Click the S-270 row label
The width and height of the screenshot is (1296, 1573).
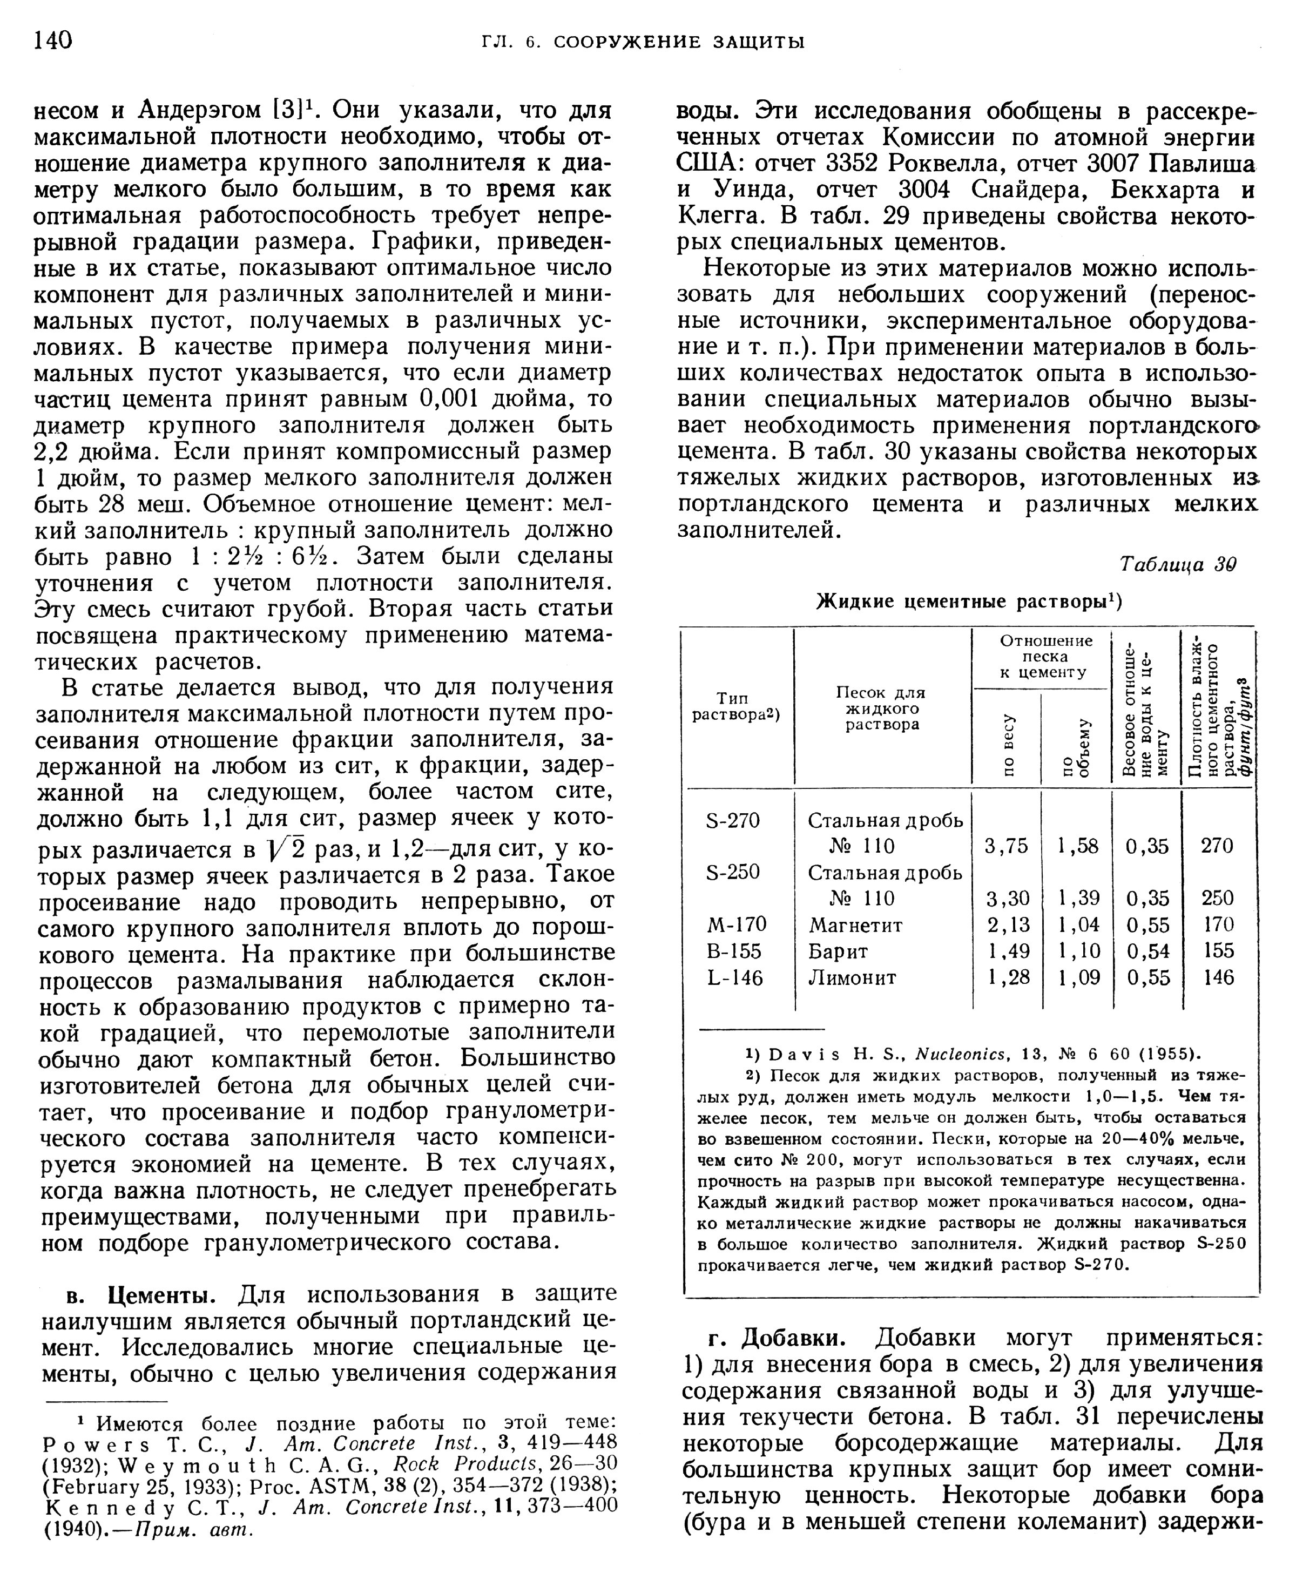tap(733, 820)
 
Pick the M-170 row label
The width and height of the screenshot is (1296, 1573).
tap(736, 924)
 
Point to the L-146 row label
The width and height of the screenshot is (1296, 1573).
tap(734, 977)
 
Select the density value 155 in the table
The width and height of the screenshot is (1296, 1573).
tap(1218, 950)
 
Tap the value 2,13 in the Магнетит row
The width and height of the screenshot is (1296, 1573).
tap(1008, 925)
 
